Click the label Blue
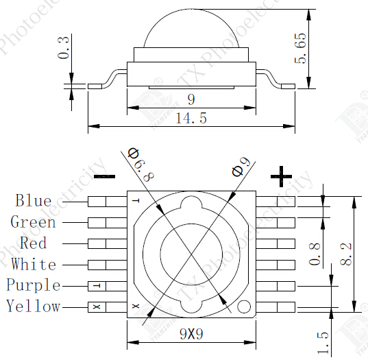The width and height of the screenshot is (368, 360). tap(34, 201)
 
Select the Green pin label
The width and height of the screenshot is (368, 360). tap(33, 222)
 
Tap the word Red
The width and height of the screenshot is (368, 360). tap(34, 243)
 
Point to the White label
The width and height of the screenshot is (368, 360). tap(34, 265)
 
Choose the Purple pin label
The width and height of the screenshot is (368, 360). tap(34, 285)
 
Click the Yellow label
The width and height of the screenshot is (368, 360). tap(34, 307)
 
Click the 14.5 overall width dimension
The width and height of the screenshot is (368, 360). tap(191, 119)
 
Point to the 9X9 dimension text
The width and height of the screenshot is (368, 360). tap(191, 334)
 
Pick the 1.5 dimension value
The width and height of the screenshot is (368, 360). tap(323, 340)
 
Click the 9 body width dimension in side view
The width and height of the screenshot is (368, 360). tap(191, 99)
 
